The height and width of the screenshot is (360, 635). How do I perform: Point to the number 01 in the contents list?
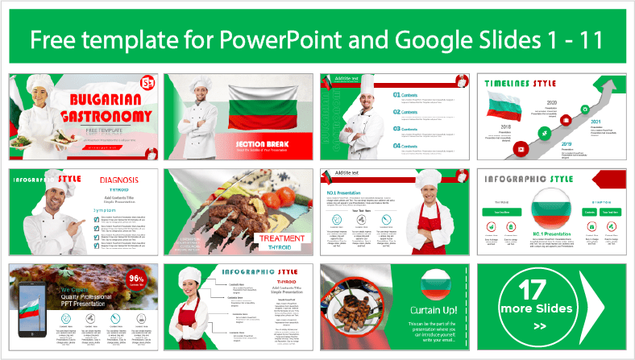(x=397, y=95)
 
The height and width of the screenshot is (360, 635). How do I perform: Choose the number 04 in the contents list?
(x=397, y=146)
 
